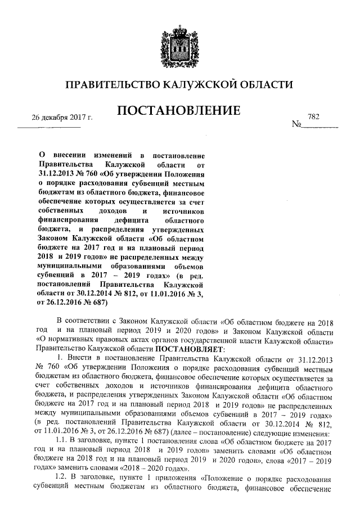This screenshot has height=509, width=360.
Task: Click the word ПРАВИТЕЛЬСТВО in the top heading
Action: coord(111,85)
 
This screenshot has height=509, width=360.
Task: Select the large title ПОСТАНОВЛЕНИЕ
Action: coord(178,111)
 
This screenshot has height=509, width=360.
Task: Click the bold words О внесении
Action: coord(67,154)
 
